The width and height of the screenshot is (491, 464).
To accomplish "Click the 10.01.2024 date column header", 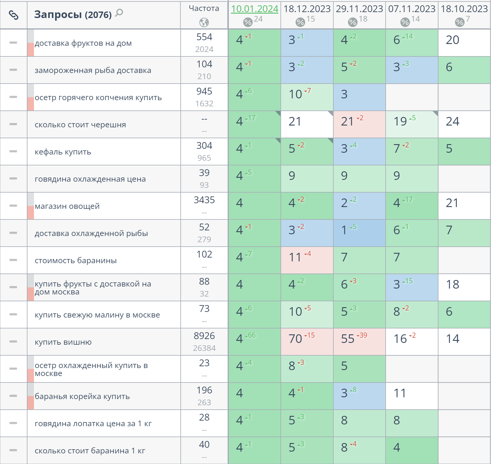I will click(x=255, y=9).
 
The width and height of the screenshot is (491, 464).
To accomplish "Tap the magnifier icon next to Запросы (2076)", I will click(x=119, y=13).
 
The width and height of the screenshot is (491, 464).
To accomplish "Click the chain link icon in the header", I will click(x=14, y=15).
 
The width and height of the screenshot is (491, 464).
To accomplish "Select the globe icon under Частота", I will click(x=204, y=22).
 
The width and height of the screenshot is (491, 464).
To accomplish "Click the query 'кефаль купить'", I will click(x=63, y=152).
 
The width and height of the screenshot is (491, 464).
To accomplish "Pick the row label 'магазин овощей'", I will click(x=67, y=206).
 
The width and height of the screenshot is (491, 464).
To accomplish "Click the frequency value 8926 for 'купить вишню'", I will click(x=204, y=336).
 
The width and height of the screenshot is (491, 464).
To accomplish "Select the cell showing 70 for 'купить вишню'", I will click(x=296, y=339).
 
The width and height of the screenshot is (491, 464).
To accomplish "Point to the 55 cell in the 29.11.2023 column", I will click(x=348, y=339).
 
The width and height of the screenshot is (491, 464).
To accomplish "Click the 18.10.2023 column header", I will click(x=464, y=9).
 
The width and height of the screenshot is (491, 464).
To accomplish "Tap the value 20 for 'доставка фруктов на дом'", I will click(x=453, y=40).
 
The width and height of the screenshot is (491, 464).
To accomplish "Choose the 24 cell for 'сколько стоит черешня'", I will click(x=453, y=121).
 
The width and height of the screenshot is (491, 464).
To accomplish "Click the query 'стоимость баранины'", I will click(x=76, y=261).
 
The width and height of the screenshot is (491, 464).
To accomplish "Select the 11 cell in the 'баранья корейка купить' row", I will click(x=400, y=393).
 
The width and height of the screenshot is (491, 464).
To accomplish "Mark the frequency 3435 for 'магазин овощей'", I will click(x=204, y=200).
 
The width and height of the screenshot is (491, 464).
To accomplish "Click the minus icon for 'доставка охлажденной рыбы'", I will click(x=13, y=233).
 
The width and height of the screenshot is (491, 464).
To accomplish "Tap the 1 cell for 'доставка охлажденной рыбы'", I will click(x=344, y=230).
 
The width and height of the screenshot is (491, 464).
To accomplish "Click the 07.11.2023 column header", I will click(x=412, y=9).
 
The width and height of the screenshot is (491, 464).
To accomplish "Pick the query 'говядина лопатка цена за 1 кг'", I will click(x=93, y=424).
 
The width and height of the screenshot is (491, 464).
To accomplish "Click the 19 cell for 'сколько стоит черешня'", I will click(x=400, y=121).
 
